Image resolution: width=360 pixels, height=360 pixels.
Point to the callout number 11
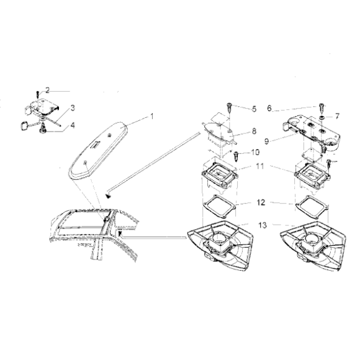(x=259, y=168)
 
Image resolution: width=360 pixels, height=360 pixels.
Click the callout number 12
(x=259, y=202)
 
